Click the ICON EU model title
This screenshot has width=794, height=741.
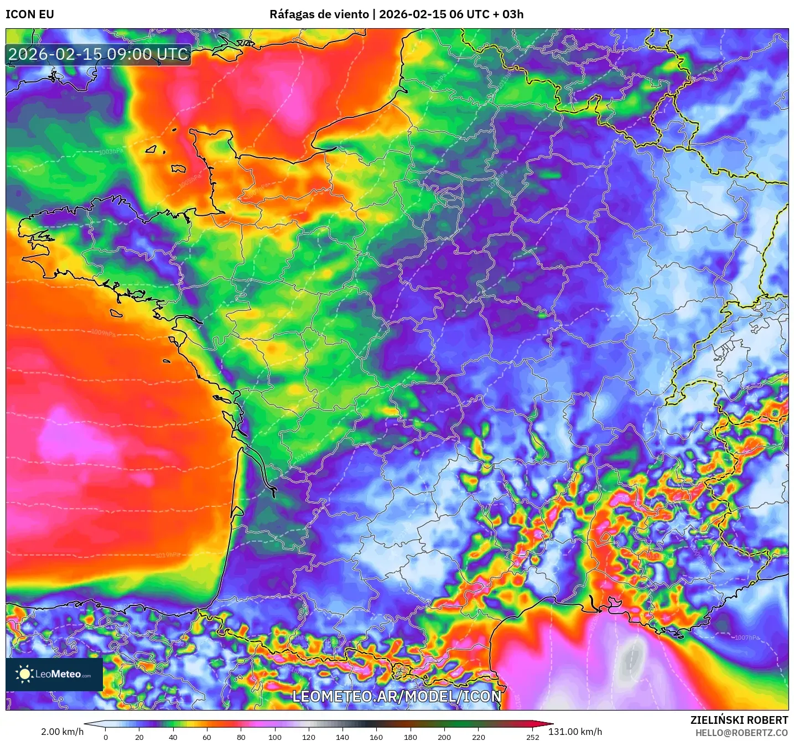30,14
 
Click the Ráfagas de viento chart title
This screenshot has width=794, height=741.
396,14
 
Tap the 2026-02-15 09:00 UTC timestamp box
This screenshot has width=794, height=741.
98,54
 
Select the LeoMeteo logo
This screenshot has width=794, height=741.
54,674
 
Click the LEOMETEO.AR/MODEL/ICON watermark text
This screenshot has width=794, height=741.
397,696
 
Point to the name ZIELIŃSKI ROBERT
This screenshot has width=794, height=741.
739,720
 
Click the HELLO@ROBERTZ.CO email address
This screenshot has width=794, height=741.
741,733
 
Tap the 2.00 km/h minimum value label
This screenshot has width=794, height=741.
62,732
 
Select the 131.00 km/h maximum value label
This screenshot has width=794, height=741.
575,732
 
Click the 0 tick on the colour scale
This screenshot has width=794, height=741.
106,737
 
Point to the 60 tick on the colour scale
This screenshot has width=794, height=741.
207,737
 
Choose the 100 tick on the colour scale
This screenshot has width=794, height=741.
275,737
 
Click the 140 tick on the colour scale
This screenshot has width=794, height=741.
342,737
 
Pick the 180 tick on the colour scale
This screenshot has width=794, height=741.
411,737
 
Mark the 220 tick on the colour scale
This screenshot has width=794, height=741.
479,737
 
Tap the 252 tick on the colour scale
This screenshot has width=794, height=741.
533,737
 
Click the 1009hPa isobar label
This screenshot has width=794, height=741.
103,333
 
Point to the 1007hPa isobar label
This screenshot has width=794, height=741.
748,638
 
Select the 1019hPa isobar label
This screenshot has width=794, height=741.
167,555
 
